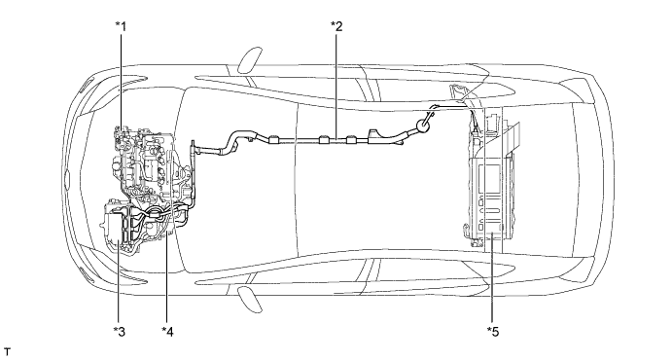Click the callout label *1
122,26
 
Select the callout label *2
336,26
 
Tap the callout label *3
120,331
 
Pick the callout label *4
167,331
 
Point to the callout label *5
493,331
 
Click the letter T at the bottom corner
7,352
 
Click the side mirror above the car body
249,60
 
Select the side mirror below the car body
249,299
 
